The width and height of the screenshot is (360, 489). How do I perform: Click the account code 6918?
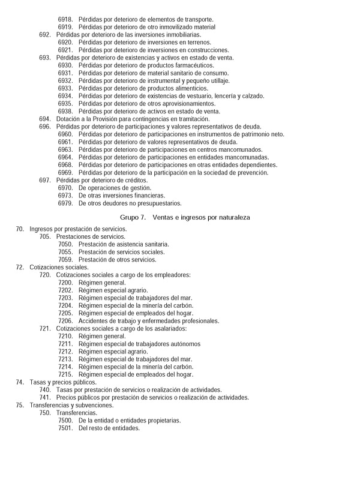[x=65, y=20]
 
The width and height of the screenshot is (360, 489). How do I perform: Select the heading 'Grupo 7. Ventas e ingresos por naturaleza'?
[x=184, y=217]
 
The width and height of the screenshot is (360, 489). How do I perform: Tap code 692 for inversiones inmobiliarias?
[x=45, y=35]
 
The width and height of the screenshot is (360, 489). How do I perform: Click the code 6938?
[x=65, y=111]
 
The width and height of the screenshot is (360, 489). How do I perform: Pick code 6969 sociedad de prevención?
[x=65, y=173]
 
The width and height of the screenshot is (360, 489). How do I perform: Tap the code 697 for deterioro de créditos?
[x=45, y=180]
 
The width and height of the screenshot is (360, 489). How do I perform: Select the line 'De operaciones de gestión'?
[x=115, y=188]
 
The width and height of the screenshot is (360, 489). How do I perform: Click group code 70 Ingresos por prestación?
[x=19, y=229]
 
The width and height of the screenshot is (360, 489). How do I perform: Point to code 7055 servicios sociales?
[x=65, y=252]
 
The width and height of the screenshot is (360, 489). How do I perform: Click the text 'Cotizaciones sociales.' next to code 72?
[x=59, y=268]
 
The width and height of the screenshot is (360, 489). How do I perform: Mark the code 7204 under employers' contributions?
[x=65, y=305]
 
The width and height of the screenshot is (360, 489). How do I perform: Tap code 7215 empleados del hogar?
[x=65, y=374]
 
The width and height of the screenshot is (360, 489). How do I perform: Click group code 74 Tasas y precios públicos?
[x=19, y=382]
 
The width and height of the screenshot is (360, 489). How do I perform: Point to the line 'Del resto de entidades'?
[x=109, y=428]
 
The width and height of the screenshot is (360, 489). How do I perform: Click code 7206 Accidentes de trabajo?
[x=65, y=321]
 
